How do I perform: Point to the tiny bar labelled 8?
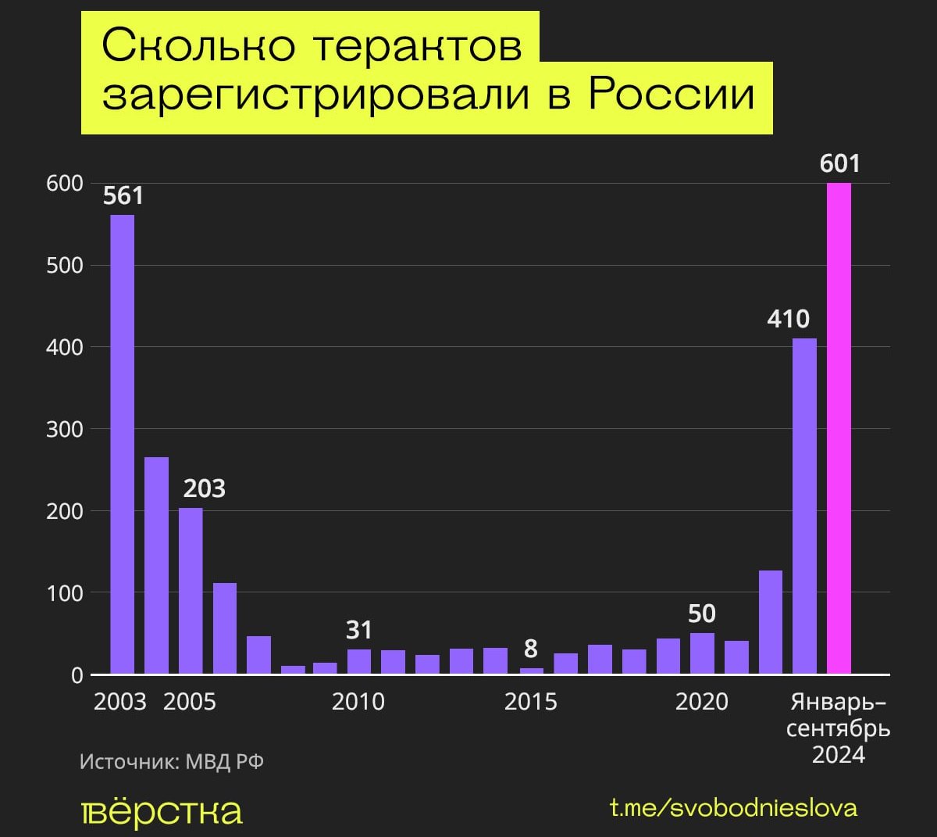click(x=531, y=671)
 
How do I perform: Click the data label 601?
click(x=839, y=163)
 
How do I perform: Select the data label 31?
click(x=359, y=630)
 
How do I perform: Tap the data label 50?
click(x=702, y=613)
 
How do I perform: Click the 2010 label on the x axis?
click(x=358, y=702)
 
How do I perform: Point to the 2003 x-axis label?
click(x=120, y=702)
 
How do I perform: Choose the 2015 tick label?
click(x=531, y=702)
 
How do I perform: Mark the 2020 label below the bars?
click(x=701, y=702)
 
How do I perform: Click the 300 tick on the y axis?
click(x=64, y=429)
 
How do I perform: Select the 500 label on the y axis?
click(x=64, y=265)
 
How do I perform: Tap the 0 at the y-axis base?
click(x=77, y=675)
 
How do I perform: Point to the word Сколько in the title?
click(x=198, y=45)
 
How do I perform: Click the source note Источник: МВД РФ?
click(x=172, y=761)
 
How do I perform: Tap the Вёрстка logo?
click(x=162, y=812)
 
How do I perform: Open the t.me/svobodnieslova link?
click(x=733, y=808)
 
